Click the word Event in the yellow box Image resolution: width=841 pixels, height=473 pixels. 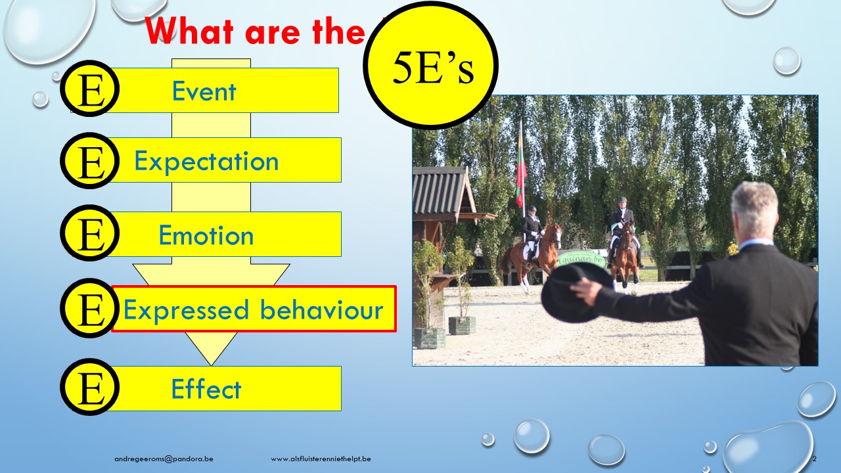click(204, 91)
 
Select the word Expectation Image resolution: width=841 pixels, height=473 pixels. click(206, 162)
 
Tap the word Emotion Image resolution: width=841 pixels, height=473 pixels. click(206, 235)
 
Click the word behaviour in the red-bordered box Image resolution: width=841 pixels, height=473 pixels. click(321, 309)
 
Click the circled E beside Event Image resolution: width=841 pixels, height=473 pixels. click(90, 89)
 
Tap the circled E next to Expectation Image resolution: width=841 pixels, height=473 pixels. click(90, 161)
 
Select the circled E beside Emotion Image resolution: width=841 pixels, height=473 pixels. click(90, 233)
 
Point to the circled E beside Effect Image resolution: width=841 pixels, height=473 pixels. click(90, 387)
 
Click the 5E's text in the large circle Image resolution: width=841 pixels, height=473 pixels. click(433, 68)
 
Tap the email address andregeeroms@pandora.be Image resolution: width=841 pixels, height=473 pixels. click(164, 459)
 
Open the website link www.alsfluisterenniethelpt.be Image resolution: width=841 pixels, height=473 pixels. click(321, 459)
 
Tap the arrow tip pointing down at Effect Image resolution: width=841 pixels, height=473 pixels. click(211, 365)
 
